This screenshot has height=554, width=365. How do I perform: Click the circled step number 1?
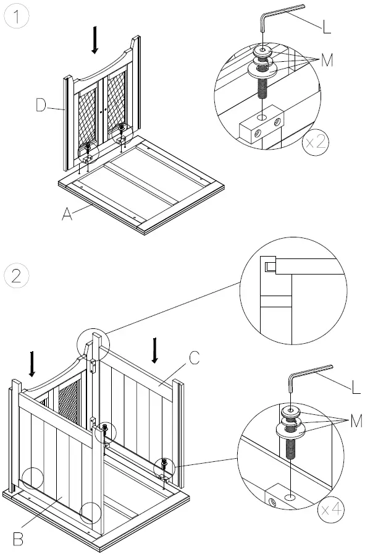(x=16, y=17)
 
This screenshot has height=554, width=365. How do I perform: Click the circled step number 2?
(x=17, y=276)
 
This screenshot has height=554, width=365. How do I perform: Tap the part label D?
(x=41, y=105)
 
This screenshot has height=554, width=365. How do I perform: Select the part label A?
(x=67, y=213)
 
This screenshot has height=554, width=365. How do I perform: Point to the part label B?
(x=19, y=539)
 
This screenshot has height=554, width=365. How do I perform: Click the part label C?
(x=195, y=358)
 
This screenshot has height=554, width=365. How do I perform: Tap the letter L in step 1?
(x=327, y=27)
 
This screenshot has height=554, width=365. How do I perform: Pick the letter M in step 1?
(x=327, y=61)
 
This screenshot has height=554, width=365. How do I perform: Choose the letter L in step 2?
(x=356, y=386)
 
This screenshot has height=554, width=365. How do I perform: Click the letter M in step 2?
(x=356, y=421)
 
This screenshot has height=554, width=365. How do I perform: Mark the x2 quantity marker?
(x=316, y=143)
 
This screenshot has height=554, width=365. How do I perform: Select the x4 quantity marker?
(x=330, y=509)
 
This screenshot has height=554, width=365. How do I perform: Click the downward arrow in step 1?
(x=94, y=40)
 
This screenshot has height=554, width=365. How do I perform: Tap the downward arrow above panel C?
(x=154, y=351)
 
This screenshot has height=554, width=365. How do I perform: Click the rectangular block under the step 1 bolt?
(x=262, y=124)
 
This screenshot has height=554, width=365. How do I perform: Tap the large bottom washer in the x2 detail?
(x=262, y=69)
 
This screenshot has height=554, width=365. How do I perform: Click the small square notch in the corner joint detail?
(x=270, y=266)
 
